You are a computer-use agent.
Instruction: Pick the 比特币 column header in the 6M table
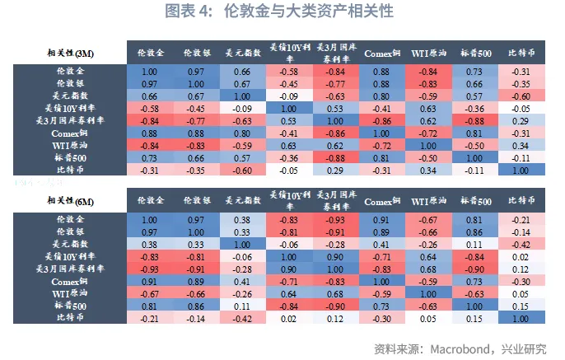point(521,200)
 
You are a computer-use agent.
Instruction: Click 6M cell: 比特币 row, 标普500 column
point(474,318)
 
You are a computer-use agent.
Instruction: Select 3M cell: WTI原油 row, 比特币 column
point(521,146)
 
